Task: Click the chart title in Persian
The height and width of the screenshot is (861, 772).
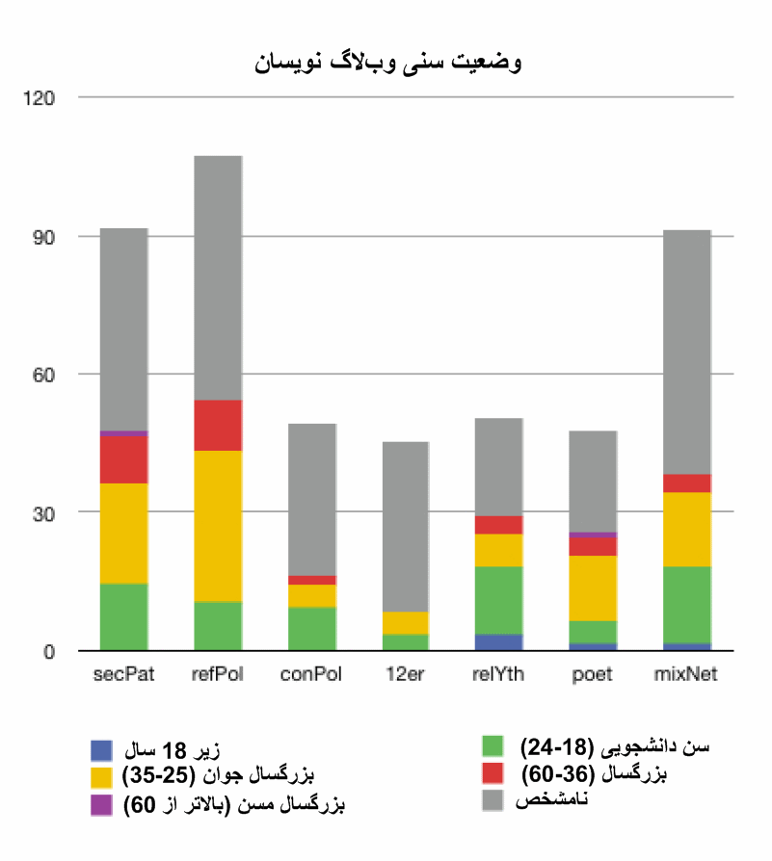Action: click(388, 63)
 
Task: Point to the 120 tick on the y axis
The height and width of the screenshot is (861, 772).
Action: click(42, 98)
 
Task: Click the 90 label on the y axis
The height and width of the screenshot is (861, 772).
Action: click(46, 236)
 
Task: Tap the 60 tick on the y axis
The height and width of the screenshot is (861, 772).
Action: click(46, 374)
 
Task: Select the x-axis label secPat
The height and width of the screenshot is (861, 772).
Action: click(123, 675)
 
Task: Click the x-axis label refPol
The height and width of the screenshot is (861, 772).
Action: click(218, 675)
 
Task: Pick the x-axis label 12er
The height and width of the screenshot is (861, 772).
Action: click(405, 675)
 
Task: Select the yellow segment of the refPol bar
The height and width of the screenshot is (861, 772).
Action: click(218, 526)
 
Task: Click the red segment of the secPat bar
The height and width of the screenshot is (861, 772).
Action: click(123, 459)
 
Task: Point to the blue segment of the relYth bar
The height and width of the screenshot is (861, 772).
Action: click(498, 642)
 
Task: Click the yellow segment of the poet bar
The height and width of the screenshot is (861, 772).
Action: click(593, 588)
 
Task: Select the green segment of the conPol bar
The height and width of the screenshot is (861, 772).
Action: click(311, 629)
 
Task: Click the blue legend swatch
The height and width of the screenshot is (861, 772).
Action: click(103, 748)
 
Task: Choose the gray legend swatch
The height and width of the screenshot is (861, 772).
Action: click(492, 801)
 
